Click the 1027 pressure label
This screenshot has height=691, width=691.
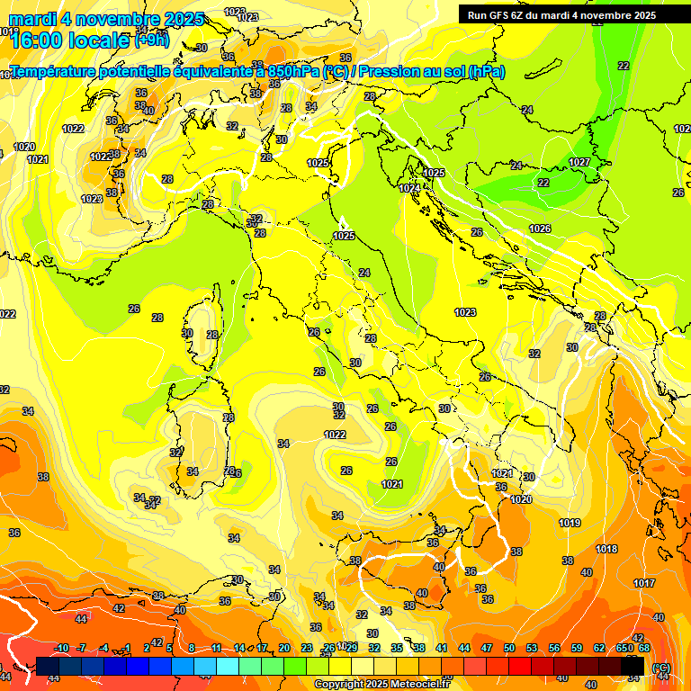pos(579,162)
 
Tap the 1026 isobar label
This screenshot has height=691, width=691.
pos(540,229)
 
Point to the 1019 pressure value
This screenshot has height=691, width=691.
pos(570,523)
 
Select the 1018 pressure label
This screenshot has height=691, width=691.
pos(606,549)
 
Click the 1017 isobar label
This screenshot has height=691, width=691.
pos(644,583)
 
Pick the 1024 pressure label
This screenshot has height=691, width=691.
pos(410,187)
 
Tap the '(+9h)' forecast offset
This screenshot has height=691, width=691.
pos(151,40)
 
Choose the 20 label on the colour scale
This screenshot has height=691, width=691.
pos(284,648)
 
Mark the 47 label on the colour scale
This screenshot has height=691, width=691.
pos(487,648)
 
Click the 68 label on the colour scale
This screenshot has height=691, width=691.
pos(644,648)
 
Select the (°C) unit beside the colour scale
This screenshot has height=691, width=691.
pos(661,668)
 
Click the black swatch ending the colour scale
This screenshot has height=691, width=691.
pos(633,666)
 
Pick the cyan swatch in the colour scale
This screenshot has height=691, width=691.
pos(228,666)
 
